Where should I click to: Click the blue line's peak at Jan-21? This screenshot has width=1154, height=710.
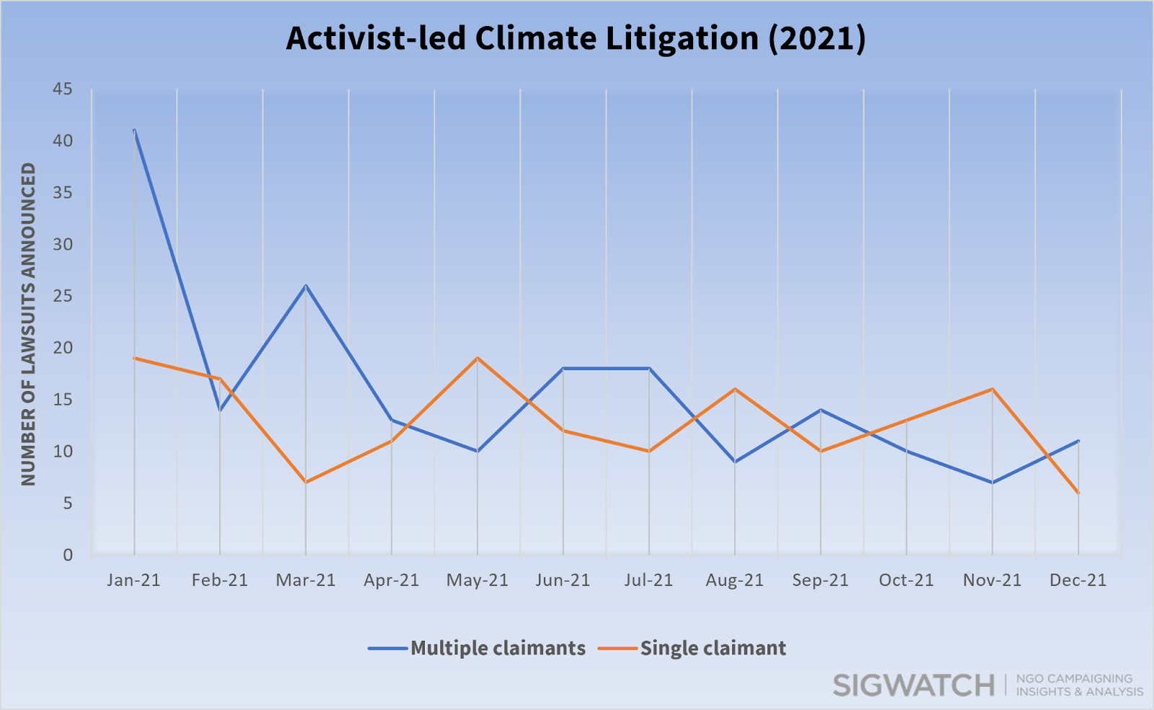(x=134, y=131)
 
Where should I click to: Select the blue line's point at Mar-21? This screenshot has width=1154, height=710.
(x=306, y=286)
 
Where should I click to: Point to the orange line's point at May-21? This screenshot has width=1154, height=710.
(x=477, y=358)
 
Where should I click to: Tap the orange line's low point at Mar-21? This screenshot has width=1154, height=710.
(x=306, y=482)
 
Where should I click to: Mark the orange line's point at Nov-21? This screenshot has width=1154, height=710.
(x=992, y=389)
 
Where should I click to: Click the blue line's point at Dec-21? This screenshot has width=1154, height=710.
(x=1078, y=441)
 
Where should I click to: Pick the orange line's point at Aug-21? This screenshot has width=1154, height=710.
(x=735, y=389)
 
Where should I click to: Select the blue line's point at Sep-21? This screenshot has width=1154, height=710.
(x=821, y=410)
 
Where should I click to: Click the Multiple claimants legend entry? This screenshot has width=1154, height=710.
(x=498, y=648)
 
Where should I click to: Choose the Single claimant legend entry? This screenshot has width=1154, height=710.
(x=713, y=648)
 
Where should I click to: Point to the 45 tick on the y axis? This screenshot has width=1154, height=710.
(x=63, y=89)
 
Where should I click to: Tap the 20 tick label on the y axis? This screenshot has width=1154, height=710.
(x=63, y=348)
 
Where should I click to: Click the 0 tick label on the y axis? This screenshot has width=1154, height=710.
(x=68, y=555)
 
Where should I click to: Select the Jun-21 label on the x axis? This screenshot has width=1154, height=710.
(x=563, y=580)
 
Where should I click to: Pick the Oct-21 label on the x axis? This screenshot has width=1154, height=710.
(x=906, y=580)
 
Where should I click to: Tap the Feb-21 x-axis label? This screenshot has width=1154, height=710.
(x=219, y=580)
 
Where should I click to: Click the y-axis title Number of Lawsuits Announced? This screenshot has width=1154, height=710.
(x=28, y=323)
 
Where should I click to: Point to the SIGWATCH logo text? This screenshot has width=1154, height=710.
(x=913, y=685)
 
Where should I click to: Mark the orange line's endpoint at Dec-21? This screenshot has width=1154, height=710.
(x=1078, y=493)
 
